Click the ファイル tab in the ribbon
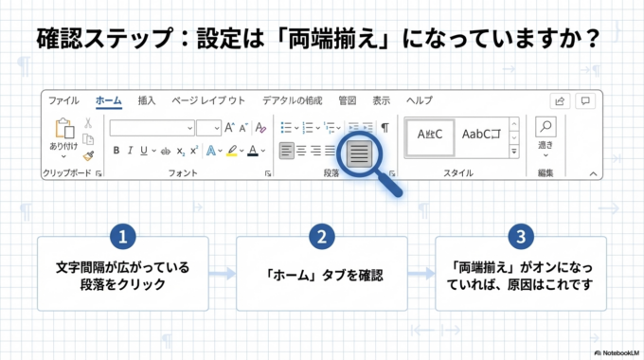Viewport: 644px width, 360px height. tap(63, 99)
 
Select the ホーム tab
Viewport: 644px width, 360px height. tap(108, 99)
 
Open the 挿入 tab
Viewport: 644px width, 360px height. tap(147, 99)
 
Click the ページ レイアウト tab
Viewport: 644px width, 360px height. tap(208, 99)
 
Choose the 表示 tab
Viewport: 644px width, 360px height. tap(381, 99)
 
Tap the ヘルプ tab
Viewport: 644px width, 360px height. tap(419, 99)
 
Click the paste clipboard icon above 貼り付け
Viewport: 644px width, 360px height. tap(64, 128)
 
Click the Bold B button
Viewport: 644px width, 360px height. tap(116, 150)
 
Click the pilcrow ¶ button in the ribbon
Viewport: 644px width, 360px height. tap(385, 127)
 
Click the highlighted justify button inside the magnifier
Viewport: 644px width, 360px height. tap(359, 152)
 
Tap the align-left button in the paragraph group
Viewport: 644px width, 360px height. tap(286, 150)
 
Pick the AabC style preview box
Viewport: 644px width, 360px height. tap(483, 135)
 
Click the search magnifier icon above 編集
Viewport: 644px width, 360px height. tap(546, 127)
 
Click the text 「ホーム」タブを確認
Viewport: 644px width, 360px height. tap(321, 274)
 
